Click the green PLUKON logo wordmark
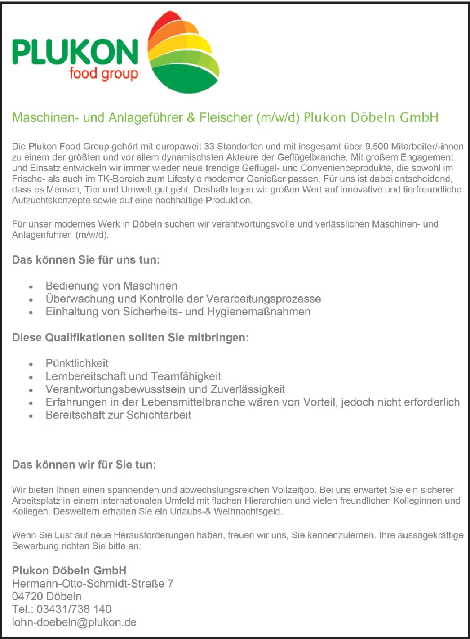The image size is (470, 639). click(x=75, y=52)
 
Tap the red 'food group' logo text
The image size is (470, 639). click(x=103, y=73)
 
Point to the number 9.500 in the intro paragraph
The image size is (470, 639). click(x=377, y=147)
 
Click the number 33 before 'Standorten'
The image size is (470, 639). click(x=209, y=147)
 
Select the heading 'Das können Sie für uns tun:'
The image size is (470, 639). click(x=86, y=260)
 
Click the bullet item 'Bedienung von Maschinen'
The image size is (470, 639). click(x=111, y=286)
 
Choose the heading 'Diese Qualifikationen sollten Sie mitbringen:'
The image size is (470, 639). click(x=130, y=338)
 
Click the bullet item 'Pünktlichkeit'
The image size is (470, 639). click(x=77, y=363)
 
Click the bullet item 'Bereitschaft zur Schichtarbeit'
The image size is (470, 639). click(x=119, y=415)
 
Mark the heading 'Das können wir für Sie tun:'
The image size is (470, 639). click(x=84, y=465)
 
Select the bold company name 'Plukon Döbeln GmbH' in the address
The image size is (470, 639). click(x=69, y=571)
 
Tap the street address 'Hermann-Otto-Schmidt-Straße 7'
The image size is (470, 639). click(x=93, y=584)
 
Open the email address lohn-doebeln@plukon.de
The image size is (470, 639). click(x=74, y=622)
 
